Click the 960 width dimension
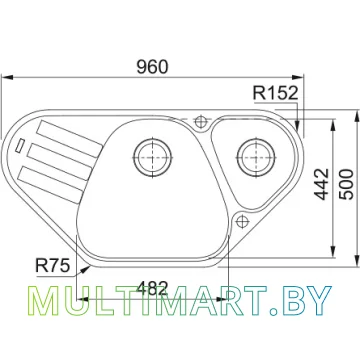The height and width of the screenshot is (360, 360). tap(152, 67)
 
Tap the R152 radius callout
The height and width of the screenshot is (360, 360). tap(275, 93)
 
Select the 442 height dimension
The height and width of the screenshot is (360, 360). tap(322, 184)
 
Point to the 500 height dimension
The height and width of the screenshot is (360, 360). tap(347, 184)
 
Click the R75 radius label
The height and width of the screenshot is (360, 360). tap(53, 266)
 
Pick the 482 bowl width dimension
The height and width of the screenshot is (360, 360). tap(152, 288)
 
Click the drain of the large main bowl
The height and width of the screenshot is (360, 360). tap(152, 157)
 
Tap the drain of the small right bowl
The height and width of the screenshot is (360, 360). tap(256, 157)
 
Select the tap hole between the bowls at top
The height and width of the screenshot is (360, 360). tap(201, 121)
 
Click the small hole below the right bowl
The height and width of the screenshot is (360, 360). tap(242, 221)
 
